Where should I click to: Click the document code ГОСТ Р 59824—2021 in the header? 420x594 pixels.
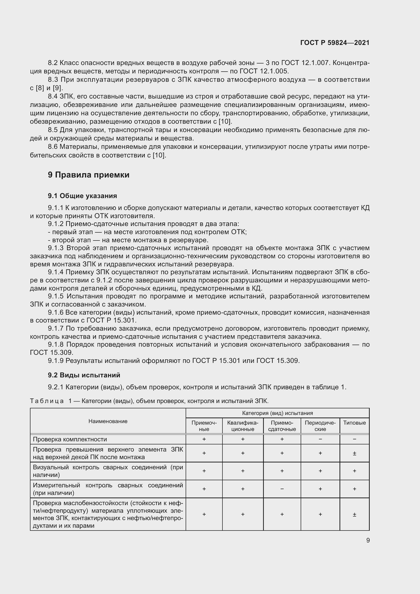click(x=335, y=43)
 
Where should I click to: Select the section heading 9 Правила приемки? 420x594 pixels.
click(x=88, y=175)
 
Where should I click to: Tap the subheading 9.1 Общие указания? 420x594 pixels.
click(x=82, y=196)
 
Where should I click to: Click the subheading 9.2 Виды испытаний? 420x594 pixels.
click(x=84, y=375)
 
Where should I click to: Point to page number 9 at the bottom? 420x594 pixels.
click(x=368, y=540)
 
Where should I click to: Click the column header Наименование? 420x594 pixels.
click(x=108, y=421)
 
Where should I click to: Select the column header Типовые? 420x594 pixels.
click(x=354, y=423)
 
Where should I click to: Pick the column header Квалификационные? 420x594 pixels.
click(x=243, y=426)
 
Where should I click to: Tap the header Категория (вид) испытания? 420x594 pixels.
click(x=277, y=413)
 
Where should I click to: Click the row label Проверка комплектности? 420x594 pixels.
click(x=70, y=439)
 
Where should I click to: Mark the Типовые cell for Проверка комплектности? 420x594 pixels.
click(x=354, y=439)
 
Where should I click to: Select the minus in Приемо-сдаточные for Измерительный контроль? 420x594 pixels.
click(x=282, y=489)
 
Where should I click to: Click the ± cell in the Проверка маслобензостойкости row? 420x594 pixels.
click(x=354, y=515)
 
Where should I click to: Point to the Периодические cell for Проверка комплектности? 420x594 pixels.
click(x=320, y=439)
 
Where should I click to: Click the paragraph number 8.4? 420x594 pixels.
click(x=53, y=97)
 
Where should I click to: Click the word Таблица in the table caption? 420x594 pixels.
click(x=47, y=401)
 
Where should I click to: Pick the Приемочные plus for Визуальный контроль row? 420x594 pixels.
click(x=204, y=471)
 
